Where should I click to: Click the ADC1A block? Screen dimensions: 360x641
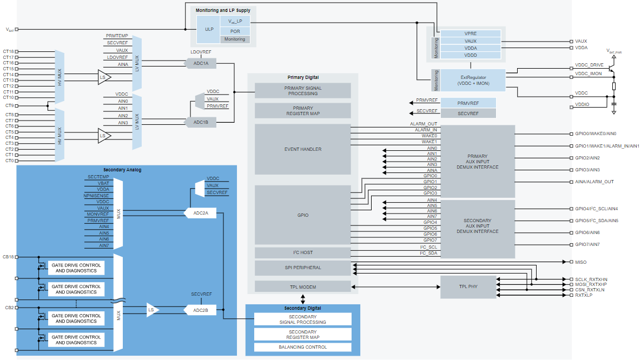pyautogui.click(x=201, y=63)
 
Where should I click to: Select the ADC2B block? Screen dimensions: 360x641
pyautogui.click(x=201, y=310)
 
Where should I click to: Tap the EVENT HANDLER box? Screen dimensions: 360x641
pyautogui.click(x=302, y=149)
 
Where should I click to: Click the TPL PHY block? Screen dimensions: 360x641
pyautogui.click(x=468, y=286)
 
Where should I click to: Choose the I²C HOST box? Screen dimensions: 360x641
pyautogui.click(x=302, y=252)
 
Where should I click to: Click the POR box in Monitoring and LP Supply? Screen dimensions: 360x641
pyautogui.click(x=235, y=31)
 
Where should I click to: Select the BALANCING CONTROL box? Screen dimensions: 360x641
pyautogui.click(x=302, y=347)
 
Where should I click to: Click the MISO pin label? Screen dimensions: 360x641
pyautogui.click(x=580, y=262)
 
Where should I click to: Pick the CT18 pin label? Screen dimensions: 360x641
pyautogui.click(x=9, y=52)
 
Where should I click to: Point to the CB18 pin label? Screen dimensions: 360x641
pyautogui.click(x=9, y=256)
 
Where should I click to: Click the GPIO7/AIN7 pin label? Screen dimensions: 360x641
pyautogui.click(x=587, y=244)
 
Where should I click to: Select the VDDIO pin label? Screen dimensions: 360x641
pyautogui.click(x=582, y=104)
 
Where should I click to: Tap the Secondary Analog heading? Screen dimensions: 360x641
pyautogui.click(x=122, y=170)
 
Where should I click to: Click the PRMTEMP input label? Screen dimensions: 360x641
pyautogui.click(x=117, y=35)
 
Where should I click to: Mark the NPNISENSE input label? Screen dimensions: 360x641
pyautogui.click(x=96, y=195)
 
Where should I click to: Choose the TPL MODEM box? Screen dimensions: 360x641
pyautogui.click(x=302, y=286)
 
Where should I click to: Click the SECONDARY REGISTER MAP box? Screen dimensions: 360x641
pyautogui.click(x=302, y=334)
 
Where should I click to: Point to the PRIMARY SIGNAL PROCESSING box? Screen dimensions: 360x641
pyautogui.click(x=302, y=90)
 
